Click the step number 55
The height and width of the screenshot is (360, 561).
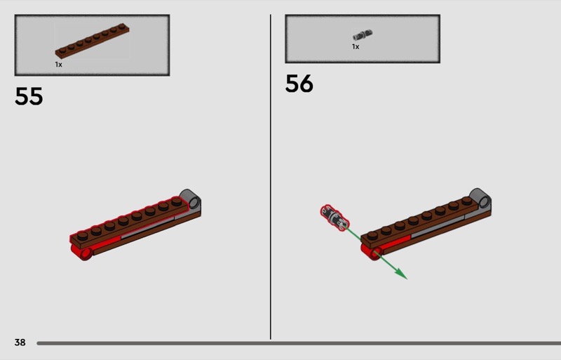(29, 96)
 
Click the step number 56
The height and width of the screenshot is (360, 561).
(299, 84)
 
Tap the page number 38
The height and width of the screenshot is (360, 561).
(20, 342)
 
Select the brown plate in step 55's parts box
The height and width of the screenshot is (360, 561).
(92, 41)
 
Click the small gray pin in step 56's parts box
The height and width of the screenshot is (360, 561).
(363, 35)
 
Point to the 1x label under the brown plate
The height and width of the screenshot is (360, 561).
(59, 65)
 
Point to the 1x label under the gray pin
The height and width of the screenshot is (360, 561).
(356, 46)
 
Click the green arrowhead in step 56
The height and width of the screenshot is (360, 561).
(401, 274)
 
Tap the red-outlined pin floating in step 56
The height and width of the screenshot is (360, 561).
(334, 218)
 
